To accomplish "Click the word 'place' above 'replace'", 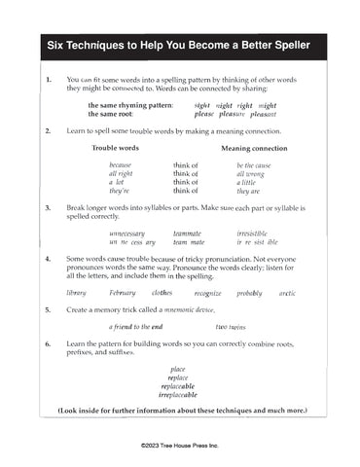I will (x=177, y=369).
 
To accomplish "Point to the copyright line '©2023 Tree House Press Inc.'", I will (x=180, y=443).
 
